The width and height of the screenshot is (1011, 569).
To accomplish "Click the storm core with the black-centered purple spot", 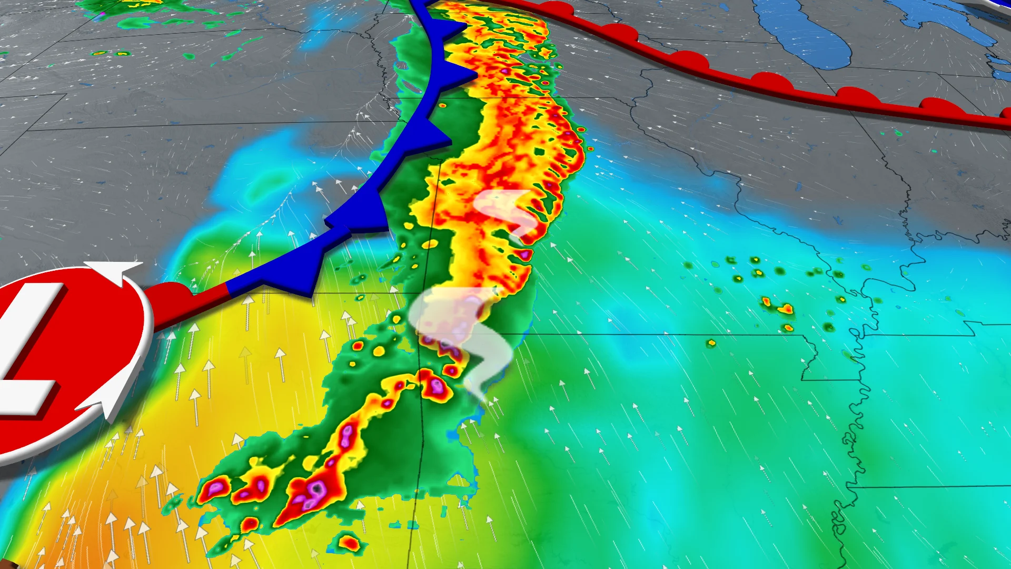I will coord(316,490).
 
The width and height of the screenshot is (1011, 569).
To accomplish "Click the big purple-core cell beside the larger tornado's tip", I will coord(437,387).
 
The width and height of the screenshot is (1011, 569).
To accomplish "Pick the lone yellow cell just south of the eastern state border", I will coord(711,344).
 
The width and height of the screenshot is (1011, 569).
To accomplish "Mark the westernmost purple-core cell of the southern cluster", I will coord(215,489).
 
